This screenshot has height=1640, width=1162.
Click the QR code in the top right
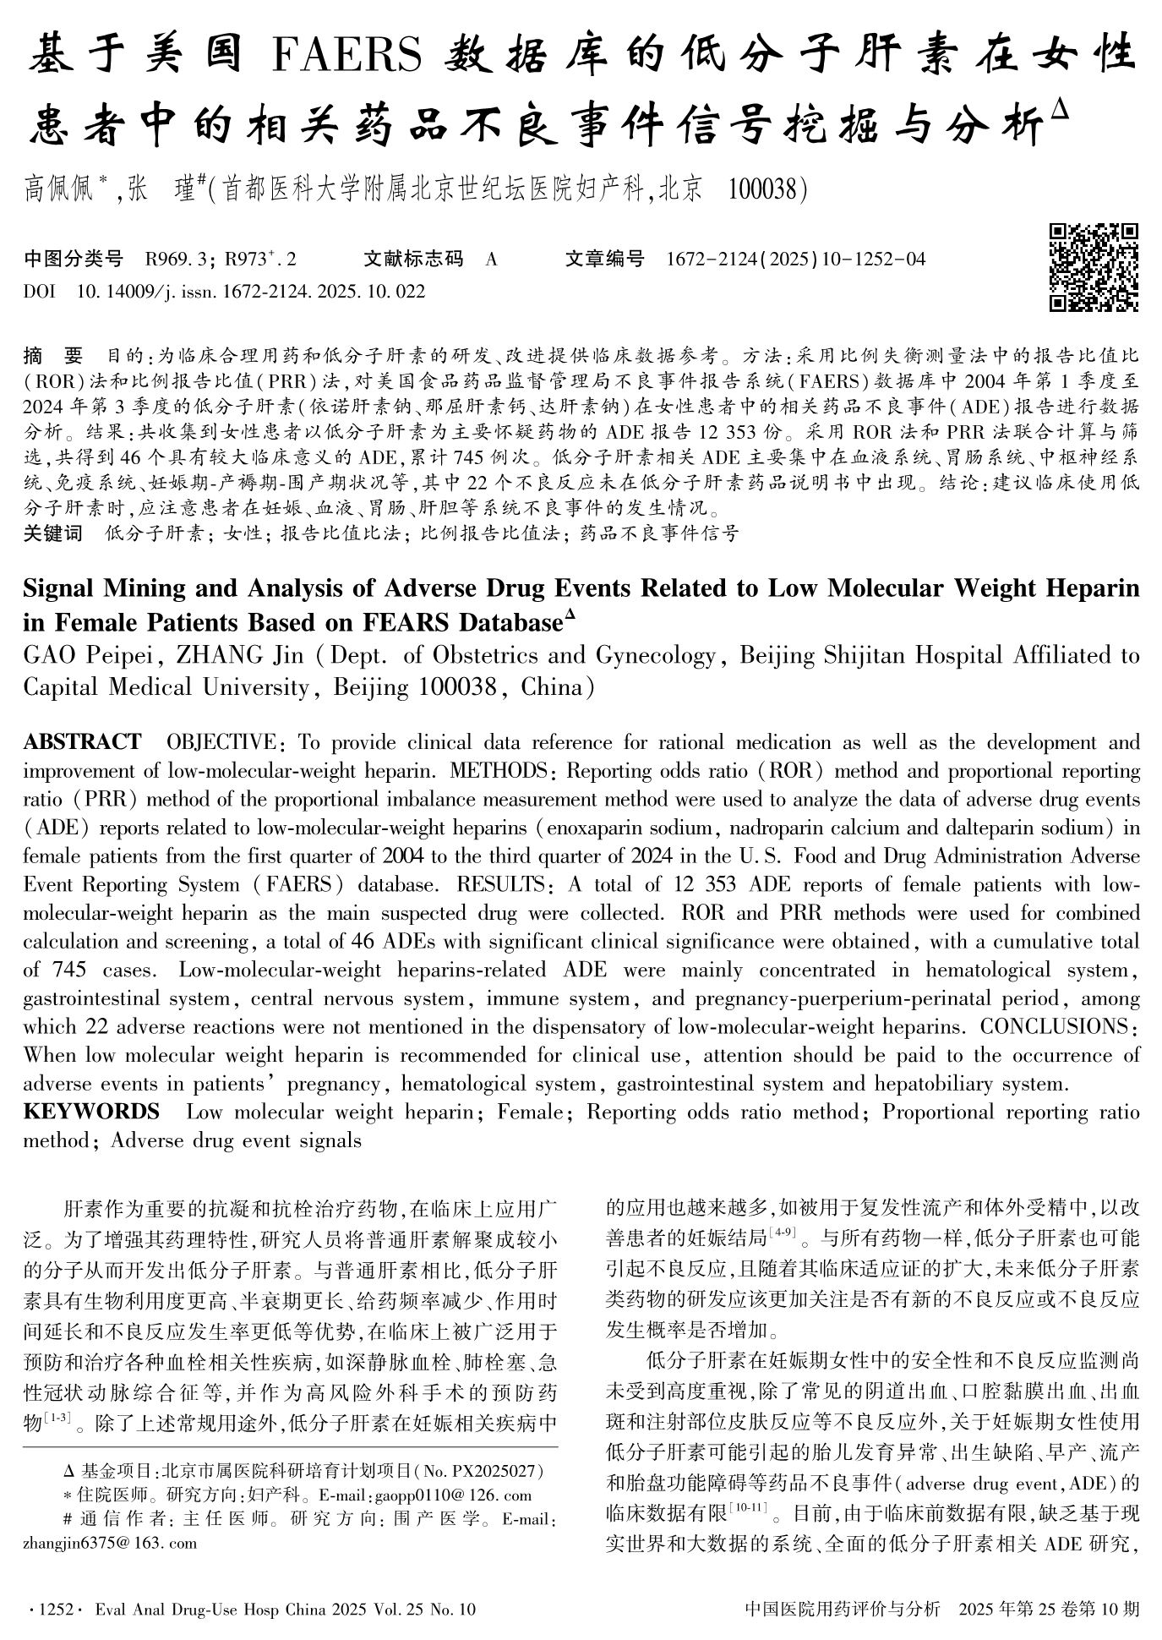[x=1094, y=267]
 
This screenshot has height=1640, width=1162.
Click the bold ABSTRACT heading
[x=82, y=742]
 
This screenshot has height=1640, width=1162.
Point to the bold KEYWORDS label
[x=91, y=1111]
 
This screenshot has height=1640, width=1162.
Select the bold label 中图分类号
[x=74, y=259]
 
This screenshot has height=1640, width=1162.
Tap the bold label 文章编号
[x=604, y=259]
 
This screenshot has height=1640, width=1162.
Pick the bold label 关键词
[x=53, y=533]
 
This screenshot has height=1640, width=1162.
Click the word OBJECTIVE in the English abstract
[x=221, y=742]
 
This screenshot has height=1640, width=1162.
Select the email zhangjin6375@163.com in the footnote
[x=110, y=1543]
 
